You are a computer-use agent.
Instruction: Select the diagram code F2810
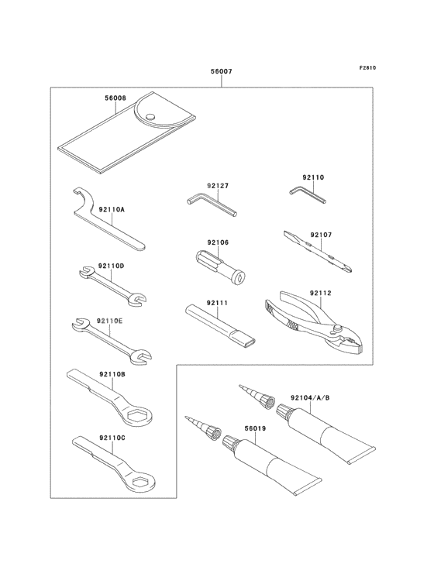[367, 68]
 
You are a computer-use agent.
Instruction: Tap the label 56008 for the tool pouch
[115, 99]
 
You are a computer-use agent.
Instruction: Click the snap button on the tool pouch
[151, 118]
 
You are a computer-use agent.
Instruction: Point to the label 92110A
[112, 209]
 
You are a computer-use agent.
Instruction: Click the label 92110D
[112, 266]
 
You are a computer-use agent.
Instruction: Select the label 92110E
[110, 320]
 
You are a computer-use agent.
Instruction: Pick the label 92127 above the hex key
[217, 186]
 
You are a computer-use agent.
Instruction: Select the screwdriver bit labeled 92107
[318, 252]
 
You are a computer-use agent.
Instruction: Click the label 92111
[217, 303]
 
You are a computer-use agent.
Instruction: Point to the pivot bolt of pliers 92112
[338, 331]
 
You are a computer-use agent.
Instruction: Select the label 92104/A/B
[310, 397]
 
